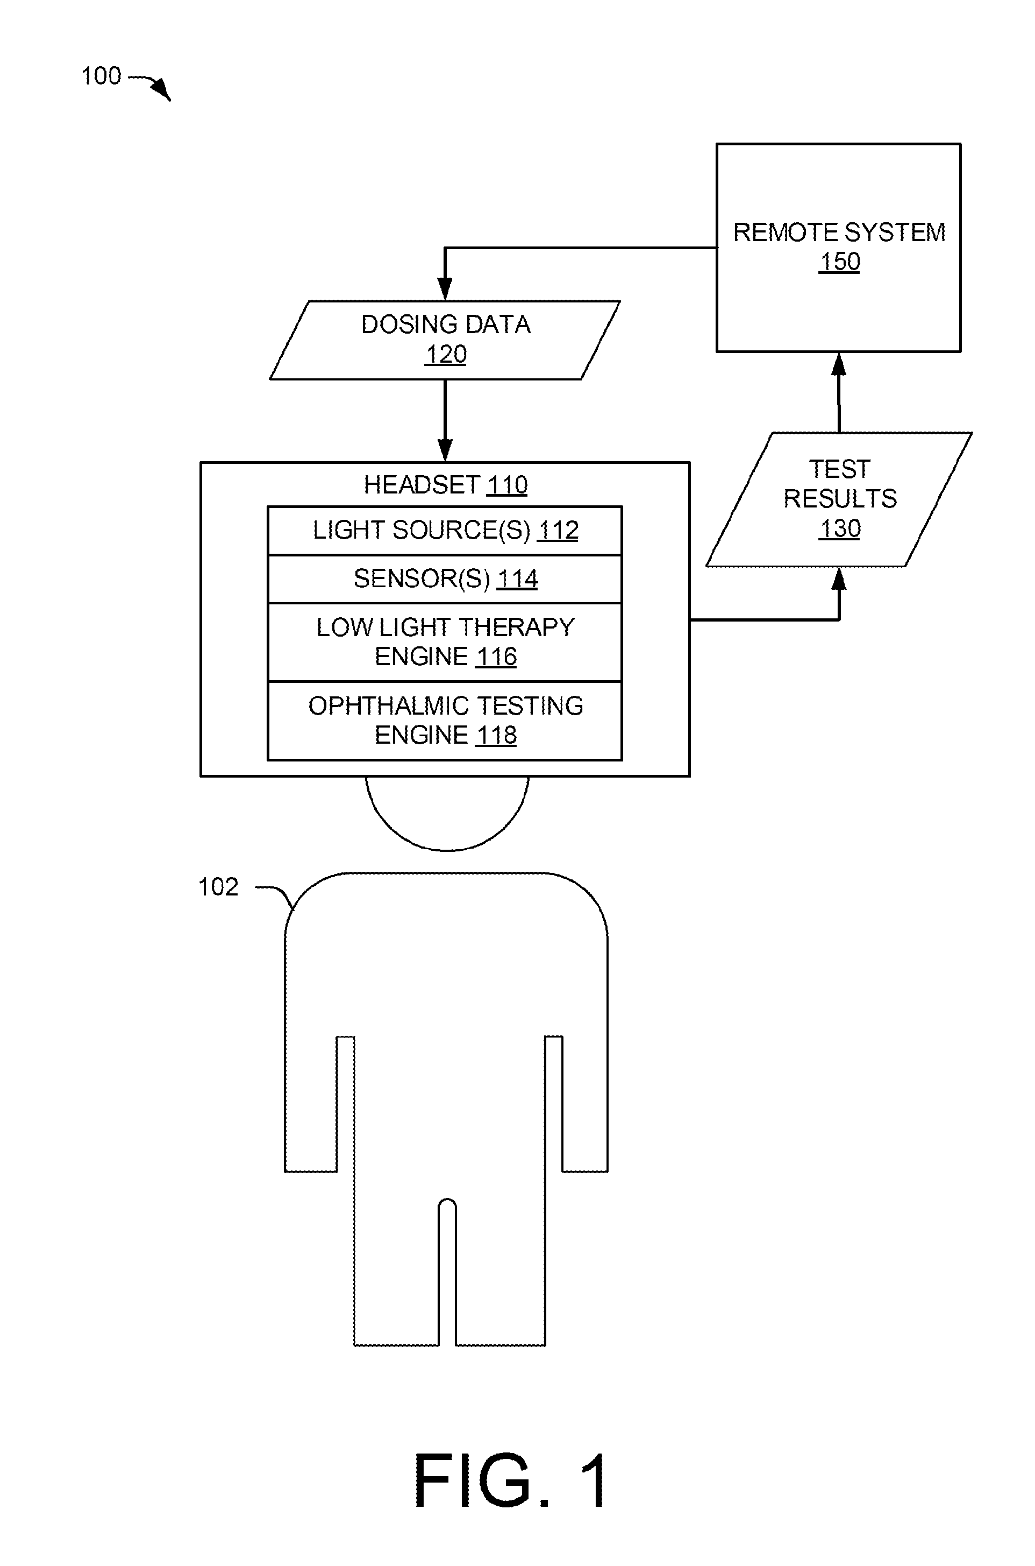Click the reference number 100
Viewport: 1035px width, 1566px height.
[101, 76]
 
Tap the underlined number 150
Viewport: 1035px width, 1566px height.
[840, 262]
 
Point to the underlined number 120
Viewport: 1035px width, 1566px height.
[446, 355]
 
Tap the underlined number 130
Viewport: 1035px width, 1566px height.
[840, 528]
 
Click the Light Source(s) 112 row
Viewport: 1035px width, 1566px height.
[445, 531]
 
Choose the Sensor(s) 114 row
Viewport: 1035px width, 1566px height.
[445, 579]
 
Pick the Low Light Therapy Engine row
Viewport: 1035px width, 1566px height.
[445, 642]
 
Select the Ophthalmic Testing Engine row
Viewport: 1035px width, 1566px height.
[445, 721]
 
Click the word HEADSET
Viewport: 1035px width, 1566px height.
[421, 485]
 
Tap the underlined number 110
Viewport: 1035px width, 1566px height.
[507, 485]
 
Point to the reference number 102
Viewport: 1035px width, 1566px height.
[218, 887]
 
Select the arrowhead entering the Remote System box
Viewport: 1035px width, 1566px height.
[839, 364]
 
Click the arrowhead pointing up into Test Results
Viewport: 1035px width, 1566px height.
[839, 579]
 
